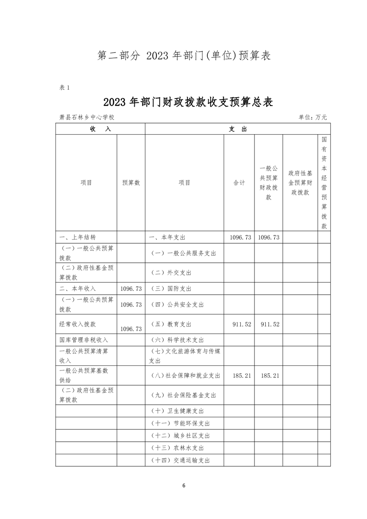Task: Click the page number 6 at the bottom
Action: coord(184,486)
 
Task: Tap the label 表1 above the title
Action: coord(64,88)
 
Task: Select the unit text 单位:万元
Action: coord(313,117)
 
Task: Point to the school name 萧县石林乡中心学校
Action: coord(87,117)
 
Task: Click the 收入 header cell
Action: coord(100,129)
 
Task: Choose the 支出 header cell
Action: coord(237,129)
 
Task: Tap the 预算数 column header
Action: coord(131,183)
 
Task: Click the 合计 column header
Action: coord(239,183)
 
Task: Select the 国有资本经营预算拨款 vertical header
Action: coord(324,183)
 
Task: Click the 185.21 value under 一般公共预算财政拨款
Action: coord(270,376)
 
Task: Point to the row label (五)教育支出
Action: coord(171,325)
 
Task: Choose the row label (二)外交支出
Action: coord(171,273)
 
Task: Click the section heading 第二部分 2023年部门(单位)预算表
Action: coord(184,56)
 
